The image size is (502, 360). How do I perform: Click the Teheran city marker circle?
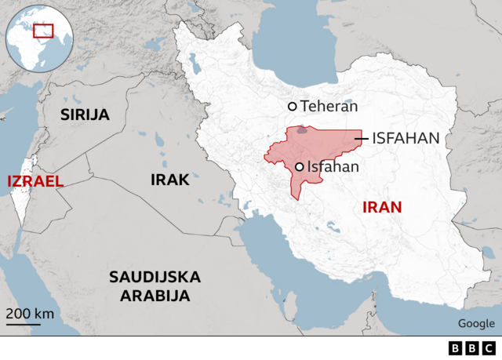click(x=293, y=107)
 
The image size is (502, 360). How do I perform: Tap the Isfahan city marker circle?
click(x=300, y=166)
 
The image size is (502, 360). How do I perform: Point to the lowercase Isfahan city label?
click(x=333, y=166)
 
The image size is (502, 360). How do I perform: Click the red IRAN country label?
click(x=382, y=208)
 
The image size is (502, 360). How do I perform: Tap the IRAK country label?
click(x=170, y=180)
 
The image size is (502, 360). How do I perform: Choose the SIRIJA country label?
click(x=85, y=115)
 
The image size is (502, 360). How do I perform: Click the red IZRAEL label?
click(x=35, y=181)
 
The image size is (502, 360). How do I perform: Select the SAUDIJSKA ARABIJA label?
click(x=155, y=286)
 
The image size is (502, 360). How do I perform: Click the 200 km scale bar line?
click(x=24, y=322)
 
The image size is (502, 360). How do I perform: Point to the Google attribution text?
click(x=476, y=324)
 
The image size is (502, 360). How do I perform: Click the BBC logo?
click(x=473, y=348)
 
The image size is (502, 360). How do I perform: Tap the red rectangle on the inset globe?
click(x=43, y=31)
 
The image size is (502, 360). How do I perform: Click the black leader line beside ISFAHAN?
click(x=361, y=138)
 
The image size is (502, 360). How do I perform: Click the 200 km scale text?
click(x=31, y=314)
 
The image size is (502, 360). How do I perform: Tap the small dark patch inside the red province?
click(x=302, y=129)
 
